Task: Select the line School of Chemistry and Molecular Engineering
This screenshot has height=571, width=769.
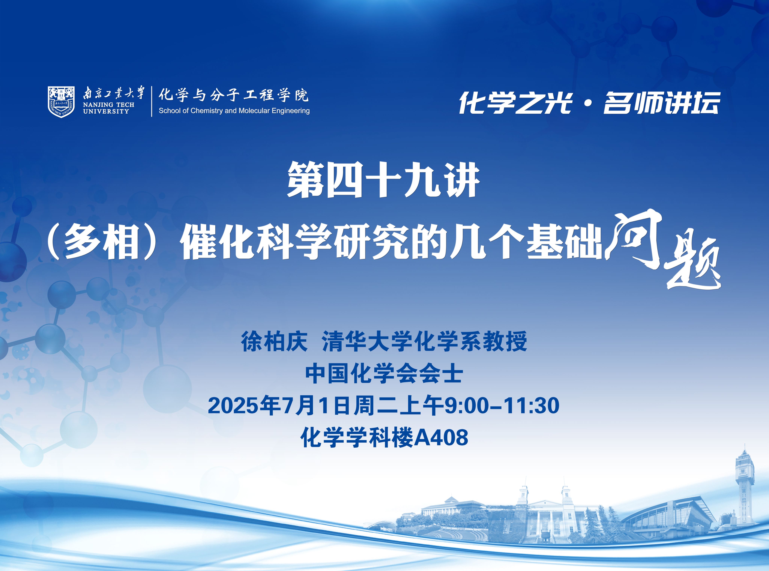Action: pos(234,111)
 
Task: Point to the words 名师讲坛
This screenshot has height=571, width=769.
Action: pos(662,103)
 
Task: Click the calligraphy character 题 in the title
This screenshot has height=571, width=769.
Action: pos(693,264)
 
